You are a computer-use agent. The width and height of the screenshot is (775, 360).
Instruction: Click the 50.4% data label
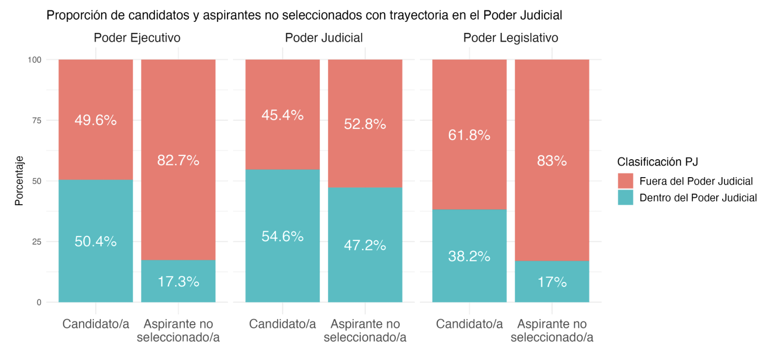pyautogui.click(x=95, y=241)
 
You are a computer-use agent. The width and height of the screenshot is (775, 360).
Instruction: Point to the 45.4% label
pyautogui.click(x=282, y=115)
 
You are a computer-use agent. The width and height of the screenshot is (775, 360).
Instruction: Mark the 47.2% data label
pyautogui.click(x=365, y=245)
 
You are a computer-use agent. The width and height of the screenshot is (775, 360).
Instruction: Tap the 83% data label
pyautogui.click(x=552, y=161)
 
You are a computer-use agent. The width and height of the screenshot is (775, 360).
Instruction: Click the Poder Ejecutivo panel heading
pyautogui.click(x=137, y=38)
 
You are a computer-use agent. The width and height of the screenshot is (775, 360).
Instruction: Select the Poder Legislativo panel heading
pyautogui.click(x=511, y=38)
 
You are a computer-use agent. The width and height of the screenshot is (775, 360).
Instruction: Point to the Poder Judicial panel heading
pyautogui.click(x=324, y=38)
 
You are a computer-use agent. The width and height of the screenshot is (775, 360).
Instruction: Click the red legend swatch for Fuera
pyautogui.click(x=625, y=181)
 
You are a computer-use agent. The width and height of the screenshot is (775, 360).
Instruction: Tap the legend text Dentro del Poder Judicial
pyautogui.click(x=698, y=198)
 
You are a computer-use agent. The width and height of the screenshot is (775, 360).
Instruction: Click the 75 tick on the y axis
pyautogui.click(x=37, y=120)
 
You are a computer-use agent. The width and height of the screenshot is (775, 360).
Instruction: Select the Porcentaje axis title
pyautogui.click(x=19, y=181)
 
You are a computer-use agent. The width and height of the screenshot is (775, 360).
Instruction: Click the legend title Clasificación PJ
pyautogui.click(x=657, y=162)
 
